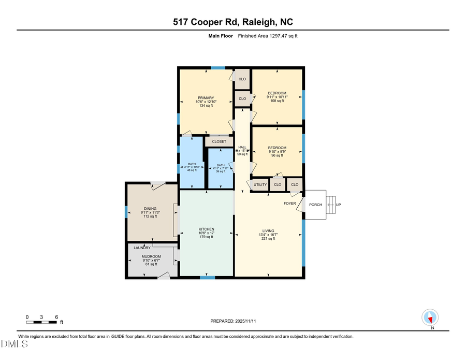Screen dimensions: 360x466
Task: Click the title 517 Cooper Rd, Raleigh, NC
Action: click(232, 22)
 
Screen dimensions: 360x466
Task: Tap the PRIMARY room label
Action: click(205, 98)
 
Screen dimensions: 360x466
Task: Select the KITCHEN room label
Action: click(207, 229)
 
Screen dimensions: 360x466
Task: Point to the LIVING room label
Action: click(268, 231)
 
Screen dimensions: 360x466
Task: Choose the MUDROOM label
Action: click(151, 256)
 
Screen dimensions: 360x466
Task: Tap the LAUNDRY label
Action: click(142, 248)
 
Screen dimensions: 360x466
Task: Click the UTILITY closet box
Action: click(260, 185)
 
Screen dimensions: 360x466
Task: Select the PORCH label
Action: click(315, 205)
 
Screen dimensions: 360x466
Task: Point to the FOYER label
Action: click(289, 204)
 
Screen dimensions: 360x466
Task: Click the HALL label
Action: click(242, 147)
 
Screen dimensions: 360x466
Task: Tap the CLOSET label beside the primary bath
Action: click(219, 141)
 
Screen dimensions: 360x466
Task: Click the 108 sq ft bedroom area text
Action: click(277, 100)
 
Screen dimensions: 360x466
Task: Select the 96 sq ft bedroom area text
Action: click(277, 155)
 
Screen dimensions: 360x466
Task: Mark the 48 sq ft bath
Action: click(192, 170)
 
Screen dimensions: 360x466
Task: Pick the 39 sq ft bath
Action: click(221, 171)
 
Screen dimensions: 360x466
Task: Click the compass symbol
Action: click(431, 317)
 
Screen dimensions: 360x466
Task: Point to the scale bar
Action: click(41, 322)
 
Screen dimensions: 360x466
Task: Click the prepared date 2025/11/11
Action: click(233, 321)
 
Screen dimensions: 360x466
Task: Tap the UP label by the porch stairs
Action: click(338, 205)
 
